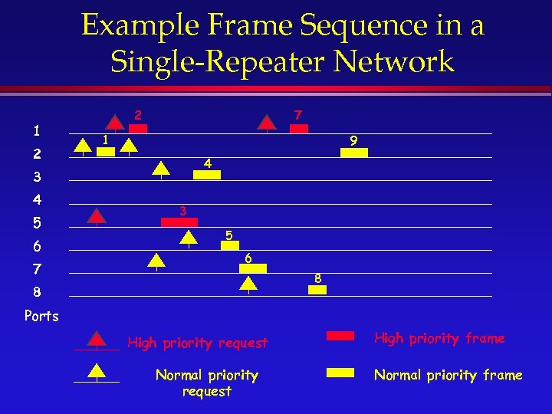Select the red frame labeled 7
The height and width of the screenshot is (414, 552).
click(x=298, y=129)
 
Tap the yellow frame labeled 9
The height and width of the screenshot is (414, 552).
click(x=353, y=153)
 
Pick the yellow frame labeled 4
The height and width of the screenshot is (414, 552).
click(x=206, y=175)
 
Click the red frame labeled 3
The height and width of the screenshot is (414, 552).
click(x=179, y=222)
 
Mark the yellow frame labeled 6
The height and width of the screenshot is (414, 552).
click(x=252, y=268)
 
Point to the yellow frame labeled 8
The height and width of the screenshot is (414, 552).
click(x=317, y=290)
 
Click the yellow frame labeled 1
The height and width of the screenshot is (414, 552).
click(x=106, y=152)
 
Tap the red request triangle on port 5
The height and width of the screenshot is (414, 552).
click(x=97, y=216)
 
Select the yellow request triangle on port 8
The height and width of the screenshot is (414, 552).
click(x=248, y=284)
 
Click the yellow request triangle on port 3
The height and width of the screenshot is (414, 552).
click(x=161, y=169)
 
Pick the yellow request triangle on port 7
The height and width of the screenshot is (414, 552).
click(x=156, y=261)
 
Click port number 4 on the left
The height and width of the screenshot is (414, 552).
click(x=37, y=200)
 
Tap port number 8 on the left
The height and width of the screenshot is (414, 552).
click(x=37, y=292)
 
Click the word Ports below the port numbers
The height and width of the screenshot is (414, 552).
click(x=41, y=315)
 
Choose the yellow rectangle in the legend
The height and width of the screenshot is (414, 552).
click(x=340, y=373)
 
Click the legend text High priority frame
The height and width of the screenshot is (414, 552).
click(x=439, y=338)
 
